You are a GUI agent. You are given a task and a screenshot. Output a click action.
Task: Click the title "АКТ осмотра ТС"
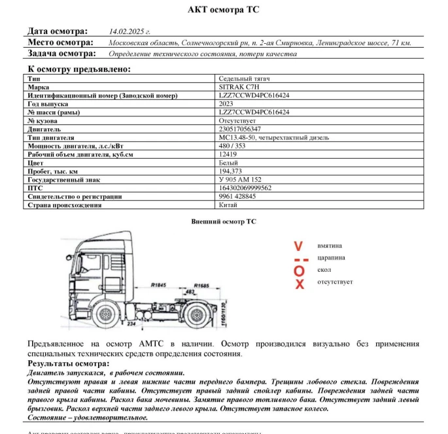pyautogui.click(x=223, y=10)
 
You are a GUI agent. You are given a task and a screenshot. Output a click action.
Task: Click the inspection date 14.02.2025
pyautogui.click(x=129, y=31)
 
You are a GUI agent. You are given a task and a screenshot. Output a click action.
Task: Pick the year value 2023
pyautogui.click(x=226, y=104)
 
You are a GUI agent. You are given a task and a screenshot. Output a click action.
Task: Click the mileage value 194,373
pyautogui.click(x=230, y=171)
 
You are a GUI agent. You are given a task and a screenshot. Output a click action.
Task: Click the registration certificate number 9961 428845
pyautogui.click(x=237, y=197)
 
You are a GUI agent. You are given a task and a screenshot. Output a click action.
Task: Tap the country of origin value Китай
pyautogui.click(x=228, y=205)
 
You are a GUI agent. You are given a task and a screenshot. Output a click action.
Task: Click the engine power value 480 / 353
pyautogui.click(x=233, y=146)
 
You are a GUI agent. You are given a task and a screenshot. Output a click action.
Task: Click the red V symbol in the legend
pyautogui.click(x=299, y=246)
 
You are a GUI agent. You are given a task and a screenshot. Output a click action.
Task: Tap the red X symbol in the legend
pyautogui.click(x=300, y=284)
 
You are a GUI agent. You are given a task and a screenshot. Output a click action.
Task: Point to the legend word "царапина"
pyautogui.click(x=331, y=258)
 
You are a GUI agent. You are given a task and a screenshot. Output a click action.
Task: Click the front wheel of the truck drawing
pyautogui.click(x=107, y=317)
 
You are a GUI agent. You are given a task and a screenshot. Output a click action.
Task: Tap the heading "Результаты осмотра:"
pyautogui.click(x=68, y=363)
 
